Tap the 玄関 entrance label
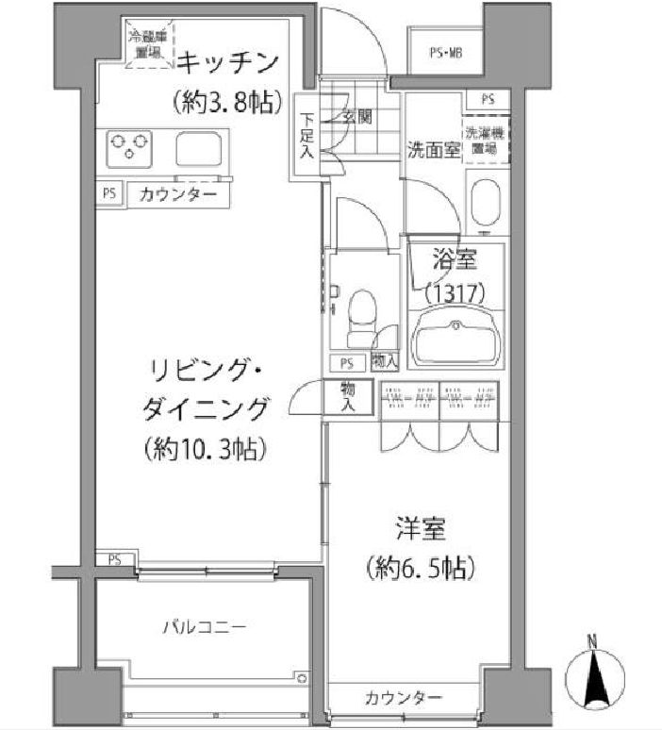[356, 117]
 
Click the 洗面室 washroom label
[434, 149]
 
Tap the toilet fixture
[360, 316]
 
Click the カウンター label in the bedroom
[404, 698]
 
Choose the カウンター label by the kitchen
[178, 195]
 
